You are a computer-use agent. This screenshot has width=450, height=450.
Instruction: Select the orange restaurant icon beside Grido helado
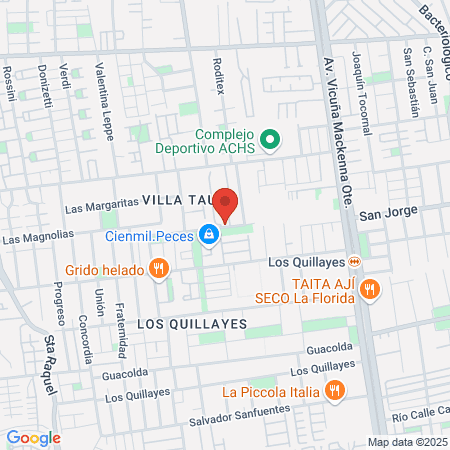point(157,268)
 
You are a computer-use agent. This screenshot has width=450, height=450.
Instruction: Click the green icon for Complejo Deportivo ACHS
point(269,141)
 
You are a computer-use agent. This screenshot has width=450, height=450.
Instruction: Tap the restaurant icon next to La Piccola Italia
point(334,391)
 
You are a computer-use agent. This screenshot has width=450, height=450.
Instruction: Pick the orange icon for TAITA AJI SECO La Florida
point(370,289)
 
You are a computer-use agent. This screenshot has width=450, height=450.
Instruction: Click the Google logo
point(33,437)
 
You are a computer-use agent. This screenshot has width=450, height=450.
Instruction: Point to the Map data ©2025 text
point(405,442)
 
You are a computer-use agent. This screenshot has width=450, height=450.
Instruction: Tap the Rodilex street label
point(218,74)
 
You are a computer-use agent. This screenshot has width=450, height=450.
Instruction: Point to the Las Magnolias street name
point(38,237)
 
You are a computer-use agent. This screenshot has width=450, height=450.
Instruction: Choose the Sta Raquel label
point(54,362)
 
